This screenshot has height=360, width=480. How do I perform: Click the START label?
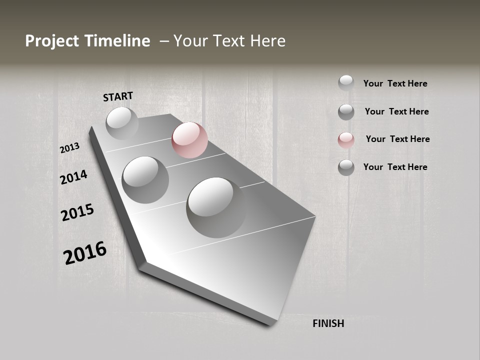click(118, 96)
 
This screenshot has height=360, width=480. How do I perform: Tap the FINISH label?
click(328, 323)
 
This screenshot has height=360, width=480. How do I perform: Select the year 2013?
click(69, 148)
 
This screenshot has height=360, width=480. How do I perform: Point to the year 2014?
click(73, 177)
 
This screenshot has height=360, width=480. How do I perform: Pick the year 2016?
click(84, 253)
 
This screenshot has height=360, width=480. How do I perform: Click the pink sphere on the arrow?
click(189, 140)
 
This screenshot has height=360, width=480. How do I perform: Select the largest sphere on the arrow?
click(216, 207)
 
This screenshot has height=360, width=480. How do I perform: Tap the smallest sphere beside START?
click(122, 123)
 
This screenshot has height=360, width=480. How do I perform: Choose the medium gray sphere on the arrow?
click(145, 179)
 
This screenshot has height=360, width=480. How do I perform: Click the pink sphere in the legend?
click(346, 140)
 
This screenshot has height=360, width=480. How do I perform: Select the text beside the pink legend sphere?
click(397, 139)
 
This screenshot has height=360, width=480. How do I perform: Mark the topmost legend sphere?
click(346, 83)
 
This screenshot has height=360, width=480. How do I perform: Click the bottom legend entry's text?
click(395, 167)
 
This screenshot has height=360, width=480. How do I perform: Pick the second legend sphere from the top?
click(346, 112)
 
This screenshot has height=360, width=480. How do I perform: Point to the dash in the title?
click(164, 41)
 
